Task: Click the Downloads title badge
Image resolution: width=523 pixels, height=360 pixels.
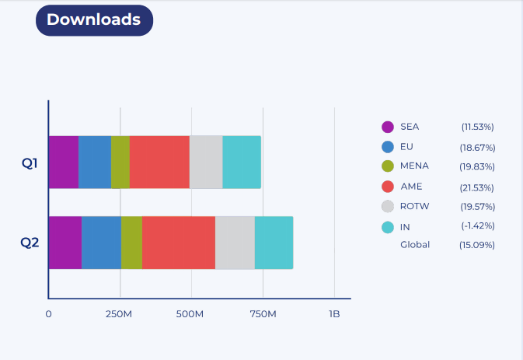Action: point(94,20)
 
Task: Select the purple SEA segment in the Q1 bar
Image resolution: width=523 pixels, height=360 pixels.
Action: point(64,162)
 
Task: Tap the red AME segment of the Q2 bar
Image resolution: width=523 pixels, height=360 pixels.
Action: point(178,243)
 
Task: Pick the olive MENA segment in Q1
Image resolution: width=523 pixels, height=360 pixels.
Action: point(120,162)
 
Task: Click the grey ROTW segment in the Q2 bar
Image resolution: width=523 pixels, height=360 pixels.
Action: point(235,243)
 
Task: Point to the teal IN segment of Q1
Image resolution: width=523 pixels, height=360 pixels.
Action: point(242,162)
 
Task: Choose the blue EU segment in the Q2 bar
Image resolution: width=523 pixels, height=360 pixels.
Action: point(101,243)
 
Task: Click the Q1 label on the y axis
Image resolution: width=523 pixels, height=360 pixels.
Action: point(30,163)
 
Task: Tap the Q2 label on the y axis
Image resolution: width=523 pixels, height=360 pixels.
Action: point(30,242)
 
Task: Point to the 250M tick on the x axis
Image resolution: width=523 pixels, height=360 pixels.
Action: point(119,314)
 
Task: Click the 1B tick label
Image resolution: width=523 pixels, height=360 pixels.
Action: point(334,314)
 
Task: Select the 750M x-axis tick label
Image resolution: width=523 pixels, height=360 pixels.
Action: point(263,314)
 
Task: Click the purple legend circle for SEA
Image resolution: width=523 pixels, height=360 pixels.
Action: point(389,128)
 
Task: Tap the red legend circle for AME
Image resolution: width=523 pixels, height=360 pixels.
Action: point(389,187)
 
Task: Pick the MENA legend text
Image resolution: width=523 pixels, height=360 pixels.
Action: point(414,166)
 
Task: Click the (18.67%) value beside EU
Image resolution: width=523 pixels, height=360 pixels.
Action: point(478,147)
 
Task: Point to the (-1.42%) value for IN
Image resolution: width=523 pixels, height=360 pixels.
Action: point(478,225)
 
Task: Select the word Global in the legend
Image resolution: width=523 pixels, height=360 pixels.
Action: point(415,244)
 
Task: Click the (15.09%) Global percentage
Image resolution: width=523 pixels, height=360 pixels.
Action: point(478,245)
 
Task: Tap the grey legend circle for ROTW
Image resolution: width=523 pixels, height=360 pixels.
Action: point(389,207)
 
